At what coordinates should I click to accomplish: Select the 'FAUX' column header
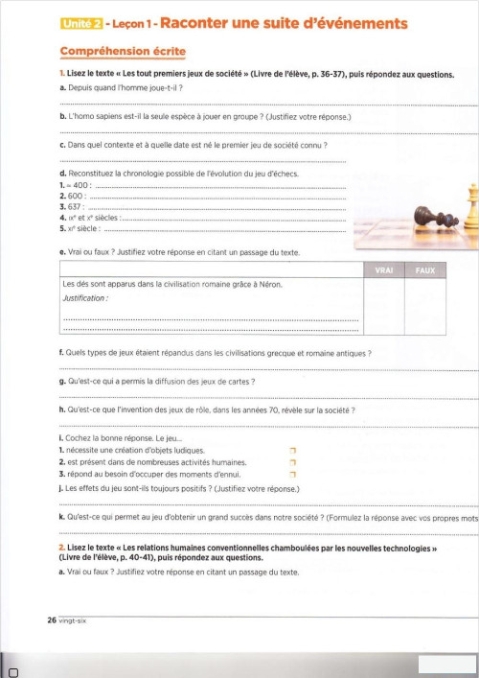point(425,270)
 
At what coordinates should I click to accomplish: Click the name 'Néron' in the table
point(271,285)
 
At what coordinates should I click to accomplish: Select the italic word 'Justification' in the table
point(84,298)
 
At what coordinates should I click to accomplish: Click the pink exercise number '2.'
point(62,549)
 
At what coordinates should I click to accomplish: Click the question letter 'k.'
point(62,518)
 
